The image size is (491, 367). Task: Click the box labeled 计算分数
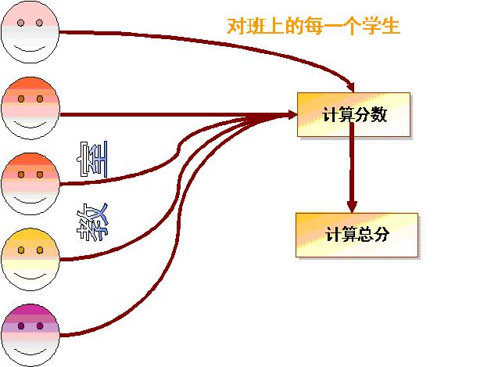click(353, 114)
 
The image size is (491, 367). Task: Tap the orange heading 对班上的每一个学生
click(314, 27)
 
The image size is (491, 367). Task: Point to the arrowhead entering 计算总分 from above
click(353, 207)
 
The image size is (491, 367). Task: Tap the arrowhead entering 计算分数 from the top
click(353, 86)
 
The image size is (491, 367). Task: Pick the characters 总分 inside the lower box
click(373, 235)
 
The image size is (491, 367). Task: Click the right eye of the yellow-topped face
click(40, 250)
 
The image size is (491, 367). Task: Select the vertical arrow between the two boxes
click(353, 168)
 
